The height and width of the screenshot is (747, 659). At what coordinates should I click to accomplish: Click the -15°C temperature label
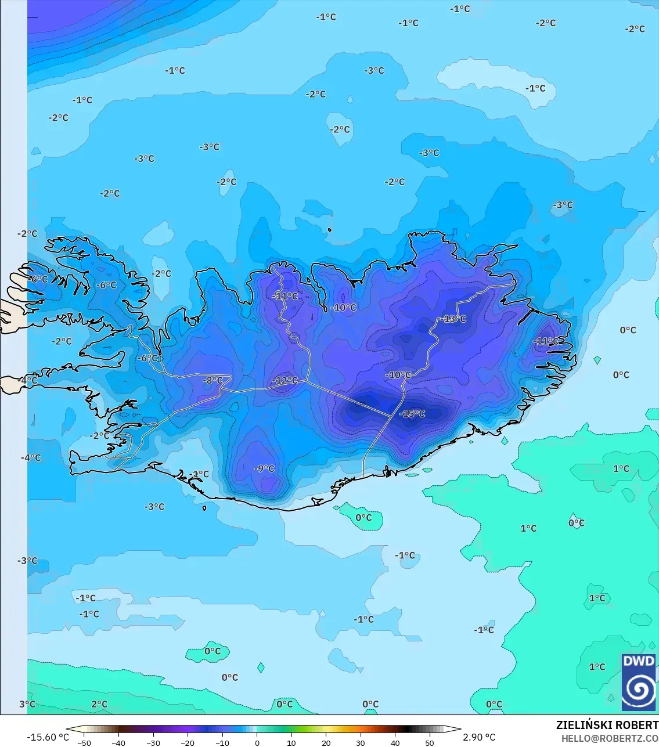tap(412, 414)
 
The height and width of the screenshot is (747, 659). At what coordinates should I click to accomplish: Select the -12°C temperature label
tap(285, 381)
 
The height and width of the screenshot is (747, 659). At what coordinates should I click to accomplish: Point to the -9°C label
tap(264, 468)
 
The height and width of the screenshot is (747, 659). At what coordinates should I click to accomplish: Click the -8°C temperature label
tap(213, 381)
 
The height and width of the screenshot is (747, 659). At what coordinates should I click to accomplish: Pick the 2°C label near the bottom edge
tap(99, 704)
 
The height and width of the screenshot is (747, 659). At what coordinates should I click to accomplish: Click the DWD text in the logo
tap(638, 661)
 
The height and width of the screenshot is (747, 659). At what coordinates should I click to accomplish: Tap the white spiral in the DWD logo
tap(638, 689)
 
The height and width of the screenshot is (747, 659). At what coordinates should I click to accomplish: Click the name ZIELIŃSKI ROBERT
tap(607, 725)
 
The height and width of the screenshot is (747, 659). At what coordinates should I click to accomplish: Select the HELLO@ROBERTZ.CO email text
tap(610, 738)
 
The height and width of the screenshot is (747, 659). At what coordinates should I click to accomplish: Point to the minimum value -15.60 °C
tap(48, 737)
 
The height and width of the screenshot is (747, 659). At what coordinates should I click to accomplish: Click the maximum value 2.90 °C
tap(479, 737)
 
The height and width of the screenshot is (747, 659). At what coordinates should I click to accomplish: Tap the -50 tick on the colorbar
tap(84, 743)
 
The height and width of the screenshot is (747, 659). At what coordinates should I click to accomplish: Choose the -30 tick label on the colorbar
tap(153, 743)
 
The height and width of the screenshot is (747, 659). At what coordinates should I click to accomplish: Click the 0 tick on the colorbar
tap(257, 743)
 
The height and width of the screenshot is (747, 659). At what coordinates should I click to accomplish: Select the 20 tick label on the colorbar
tap(326, 743)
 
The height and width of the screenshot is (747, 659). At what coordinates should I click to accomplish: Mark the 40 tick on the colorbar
tap(395, 743)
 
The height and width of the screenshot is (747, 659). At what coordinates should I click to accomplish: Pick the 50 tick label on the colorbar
tap(430, 743)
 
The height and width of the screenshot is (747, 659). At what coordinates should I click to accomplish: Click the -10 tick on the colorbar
tap(222, 743)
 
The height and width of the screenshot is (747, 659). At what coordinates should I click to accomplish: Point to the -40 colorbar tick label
tap(118, 743)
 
